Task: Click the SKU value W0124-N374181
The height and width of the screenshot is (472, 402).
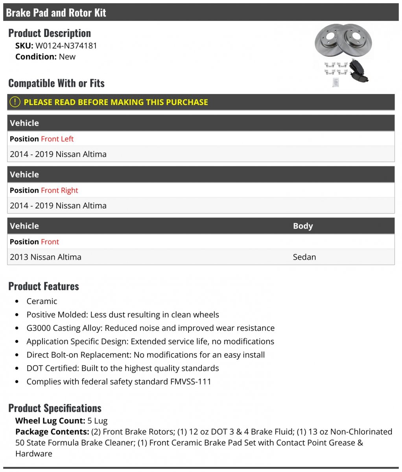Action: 66,46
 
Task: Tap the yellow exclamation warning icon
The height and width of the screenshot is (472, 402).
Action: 15,102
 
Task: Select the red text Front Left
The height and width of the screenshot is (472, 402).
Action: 57,139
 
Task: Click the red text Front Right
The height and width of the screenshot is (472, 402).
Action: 59,190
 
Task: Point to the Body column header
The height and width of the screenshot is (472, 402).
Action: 303,226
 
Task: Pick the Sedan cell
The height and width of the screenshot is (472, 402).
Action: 304,257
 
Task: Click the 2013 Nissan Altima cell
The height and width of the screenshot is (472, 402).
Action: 46,257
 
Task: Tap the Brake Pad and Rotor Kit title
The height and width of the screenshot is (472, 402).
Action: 56,13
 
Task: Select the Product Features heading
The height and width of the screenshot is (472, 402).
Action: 44,286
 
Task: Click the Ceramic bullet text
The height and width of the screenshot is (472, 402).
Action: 42,301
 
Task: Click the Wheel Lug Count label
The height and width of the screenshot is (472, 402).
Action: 50,421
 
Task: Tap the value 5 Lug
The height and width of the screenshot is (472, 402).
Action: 98,421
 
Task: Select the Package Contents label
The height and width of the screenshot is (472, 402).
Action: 52,432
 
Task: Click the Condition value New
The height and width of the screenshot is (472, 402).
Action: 67,57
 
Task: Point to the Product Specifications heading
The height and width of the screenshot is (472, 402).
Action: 55,408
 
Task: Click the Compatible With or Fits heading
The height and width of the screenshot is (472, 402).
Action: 56,83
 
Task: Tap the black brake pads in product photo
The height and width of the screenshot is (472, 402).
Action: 358,71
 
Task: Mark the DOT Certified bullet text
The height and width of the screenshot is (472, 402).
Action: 122,368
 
